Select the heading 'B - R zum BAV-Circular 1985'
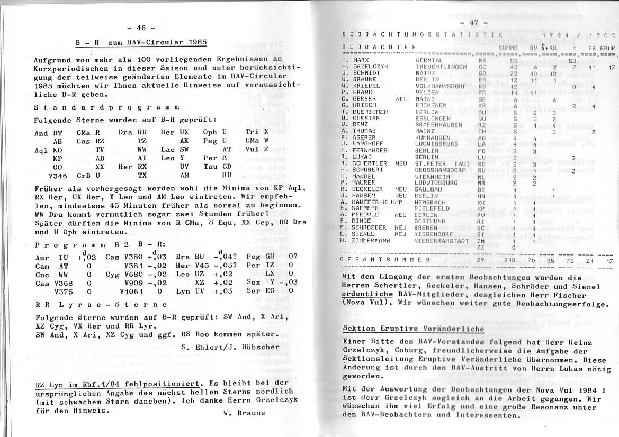click(140, 42)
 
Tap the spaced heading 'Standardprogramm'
click(106, 107)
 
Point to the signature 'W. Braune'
click(241, 413)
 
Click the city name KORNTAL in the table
click(429, 61)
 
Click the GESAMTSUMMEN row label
click(385, 260)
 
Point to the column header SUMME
click(508, 48)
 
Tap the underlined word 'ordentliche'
click(364, 294)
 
